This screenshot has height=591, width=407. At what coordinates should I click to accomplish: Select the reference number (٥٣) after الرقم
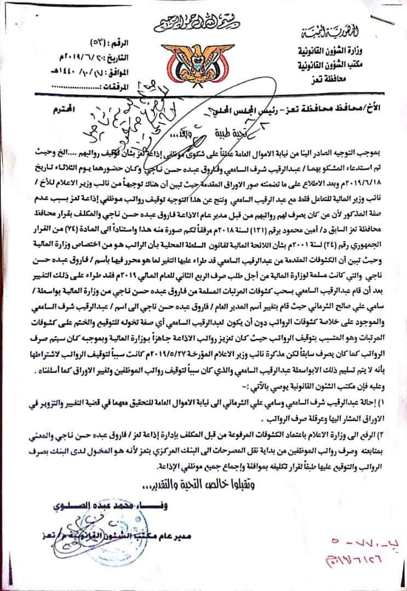pyautogui.click(x=82, y=43)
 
